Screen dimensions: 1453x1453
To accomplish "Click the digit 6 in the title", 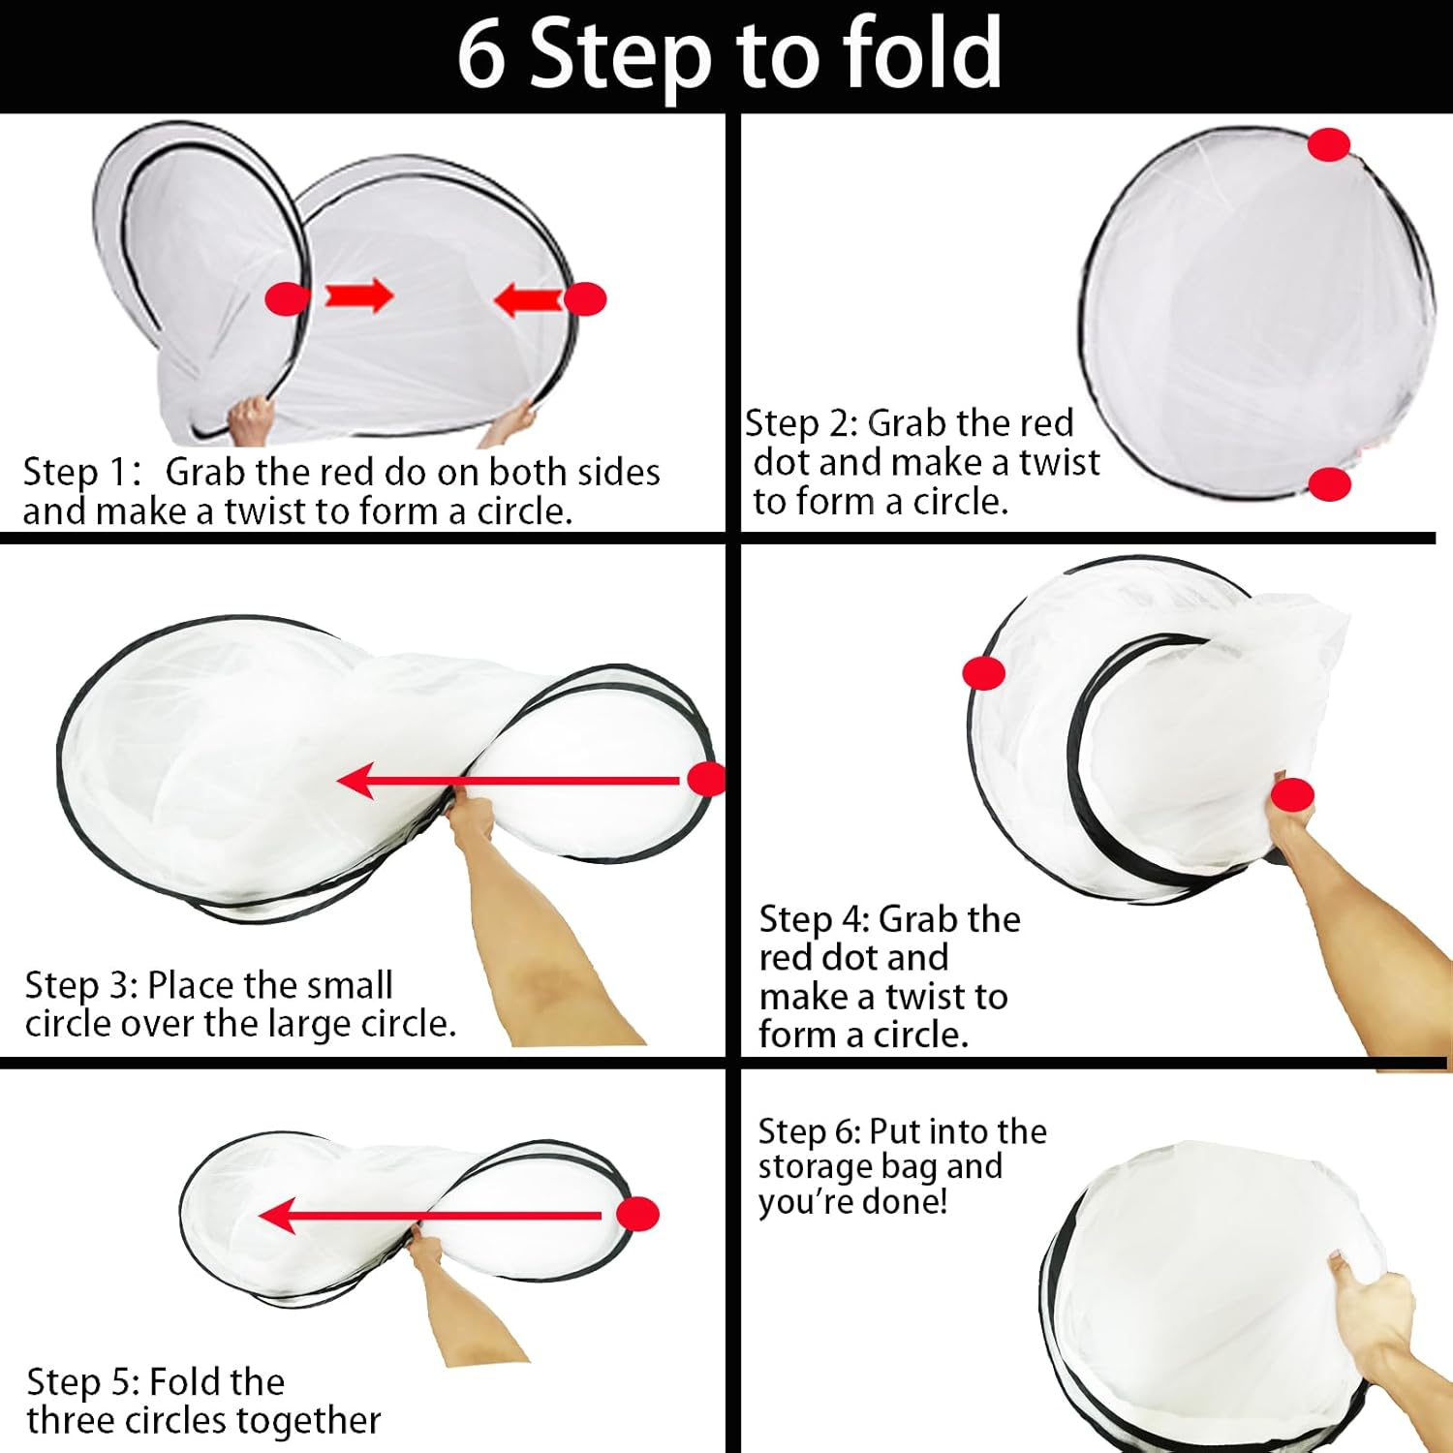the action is coord(481,54).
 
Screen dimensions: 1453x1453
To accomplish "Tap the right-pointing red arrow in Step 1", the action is coord(358,295).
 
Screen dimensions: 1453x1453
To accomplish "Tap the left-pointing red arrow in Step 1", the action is coord(528,299).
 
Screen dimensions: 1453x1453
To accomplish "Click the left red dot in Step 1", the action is coord(288,298).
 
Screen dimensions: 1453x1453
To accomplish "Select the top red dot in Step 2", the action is coord(1329,145).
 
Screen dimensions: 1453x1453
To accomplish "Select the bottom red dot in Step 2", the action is coord(1329,483).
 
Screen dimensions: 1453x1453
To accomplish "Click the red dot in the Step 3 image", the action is coord(706,779).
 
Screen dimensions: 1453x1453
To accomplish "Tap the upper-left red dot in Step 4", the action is coord(984,672).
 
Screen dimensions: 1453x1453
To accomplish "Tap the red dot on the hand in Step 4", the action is coord(1292,795).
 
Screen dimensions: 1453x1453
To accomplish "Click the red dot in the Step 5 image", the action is coord(637,1214).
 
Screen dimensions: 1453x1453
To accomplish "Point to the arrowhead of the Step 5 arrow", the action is coord(277,1216).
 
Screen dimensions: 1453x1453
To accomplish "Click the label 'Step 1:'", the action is coord(83,472).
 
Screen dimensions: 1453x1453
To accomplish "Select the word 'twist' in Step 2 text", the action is coord(1059,462).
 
